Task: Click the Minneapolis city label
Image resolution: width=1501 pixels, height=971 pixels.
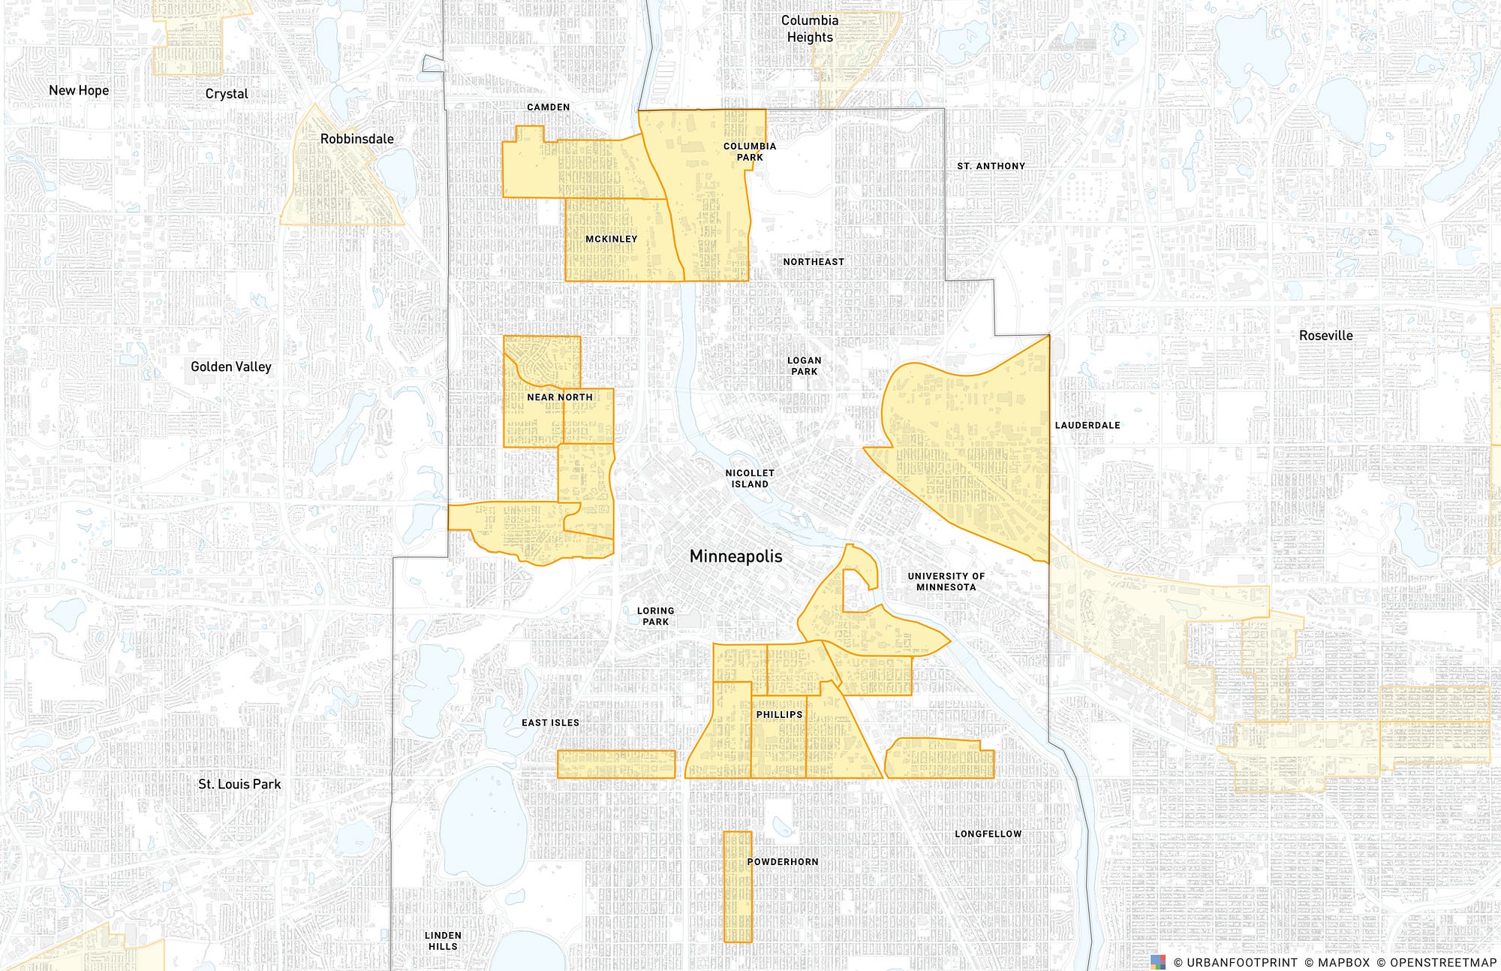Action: coord(735,556)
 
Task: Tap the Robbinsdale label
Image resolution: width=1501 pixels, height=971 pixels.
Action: coord(356,139)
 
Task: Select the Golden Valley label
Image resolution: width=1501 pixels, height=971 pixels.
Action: coord(230,366)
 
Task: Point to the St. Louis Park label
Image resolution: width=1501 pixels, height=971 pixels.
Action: coord(239,784)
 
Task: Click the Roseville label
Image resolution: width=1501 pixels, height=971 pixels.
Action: coord(1325,336)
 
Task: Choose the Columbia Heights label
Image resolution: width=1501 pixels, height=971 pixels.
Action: coord(810,29)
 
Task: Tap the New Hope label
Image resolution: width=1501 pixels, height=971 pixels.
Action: coord(79,90)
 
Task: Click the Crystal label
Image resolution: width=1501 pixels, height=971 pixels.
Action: coord(227,94)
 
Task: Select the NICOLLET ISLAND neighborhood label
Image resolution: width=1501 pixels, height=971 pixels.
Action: coord(750,478)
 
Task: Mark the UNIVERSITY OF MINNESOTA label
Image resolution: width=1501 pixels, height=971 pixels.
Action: coord(946,581)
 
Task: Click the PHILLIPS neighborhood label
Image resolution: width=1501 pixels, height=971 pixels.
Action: coord(779,714)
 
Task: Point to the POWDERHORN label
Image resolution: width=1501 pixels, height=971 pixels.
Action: coord(782,861)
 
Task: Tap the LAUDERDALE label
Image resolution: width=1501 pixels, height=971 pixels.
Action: coord(1087,425)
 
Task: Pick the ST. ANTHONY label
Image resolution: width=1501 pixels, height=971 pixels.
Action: coord(991,166)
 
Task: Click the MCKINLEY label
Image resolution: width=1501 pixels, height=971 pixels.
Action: coord(611,239)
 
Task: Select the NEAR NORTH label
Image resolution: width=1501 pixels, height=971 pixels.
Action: coord(559,397)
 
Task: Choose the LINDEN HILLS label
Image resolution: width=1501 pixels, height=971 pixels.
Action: coord(443,940)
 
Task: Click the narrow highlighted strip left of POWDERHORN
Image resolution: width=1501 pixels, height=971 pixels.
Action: coord(737,886)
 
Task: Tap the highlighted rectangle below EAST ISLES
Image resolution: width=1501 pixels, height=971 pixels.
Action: coord(616,764)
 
